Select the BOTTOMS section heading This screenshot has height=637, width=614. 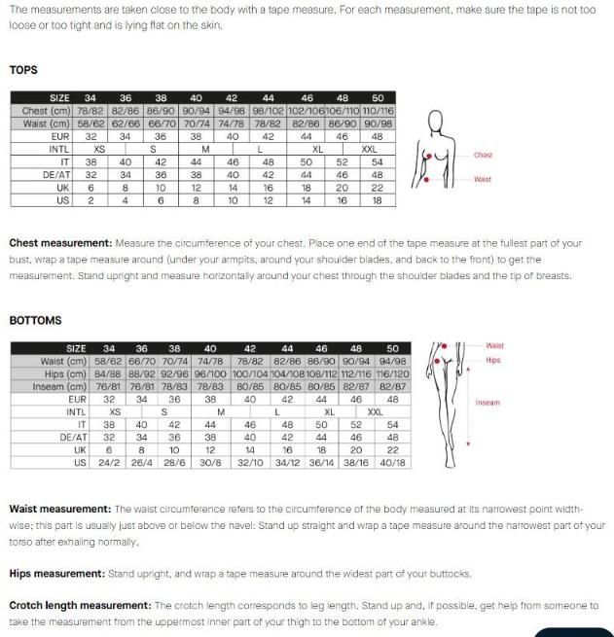pyautogui.click(x=35, y=320)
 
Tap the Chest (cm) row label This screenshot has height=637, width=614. pyautogui.click(x=46, y=111)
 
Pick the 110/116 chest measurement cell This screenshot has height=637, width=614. pyautogui.click(x=377, y=111)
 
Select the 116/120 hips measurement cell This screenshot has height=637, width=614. pyautogui.click(x=393, y=373)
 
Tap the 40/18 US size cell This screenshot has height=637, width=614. pyautogui.click(x=393, y=463)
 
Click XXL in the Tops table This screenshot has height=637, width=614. pyautogui.click(x=369, y=149)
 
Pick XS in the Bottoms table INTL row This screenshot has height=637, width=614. pyautogui.click(x=115, y=411)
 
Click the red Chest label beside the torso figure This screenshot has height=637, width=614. pyautogui.click(x=483, y=156)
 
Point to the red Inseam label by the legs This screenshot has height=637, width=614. pyautogui.click(x=488, y=402)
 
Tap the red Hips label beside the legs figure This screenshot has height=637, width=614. pyautogui.click(x=493, y=361)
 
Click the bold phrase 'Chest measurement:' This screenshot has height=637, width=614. pyautogui.click(x=60, y=243)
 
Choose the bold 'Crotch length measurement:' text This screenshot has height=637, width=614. pyautogui.click(x=80, y=606)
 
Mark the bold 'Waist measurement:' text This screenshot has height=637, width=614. pyautogui.click(x=59, y=509)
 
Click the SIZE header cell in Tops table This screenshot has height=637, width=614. pyautogui.click(x=59, y=98)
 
